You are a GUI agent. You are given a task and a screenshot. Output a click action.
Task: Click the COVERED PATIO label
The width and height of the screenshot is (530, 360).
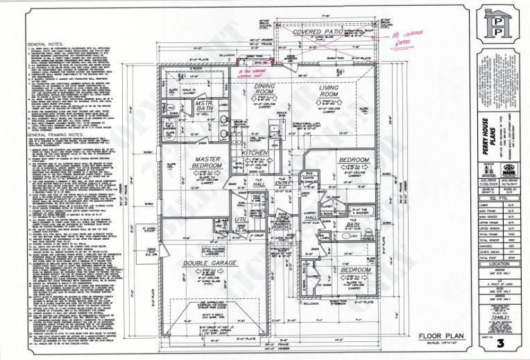(x=316, y=32)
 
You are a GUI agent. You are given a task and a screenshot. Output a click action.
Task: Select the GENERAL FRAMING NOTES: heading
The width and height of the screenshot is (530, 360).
(x=51, y=136)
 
